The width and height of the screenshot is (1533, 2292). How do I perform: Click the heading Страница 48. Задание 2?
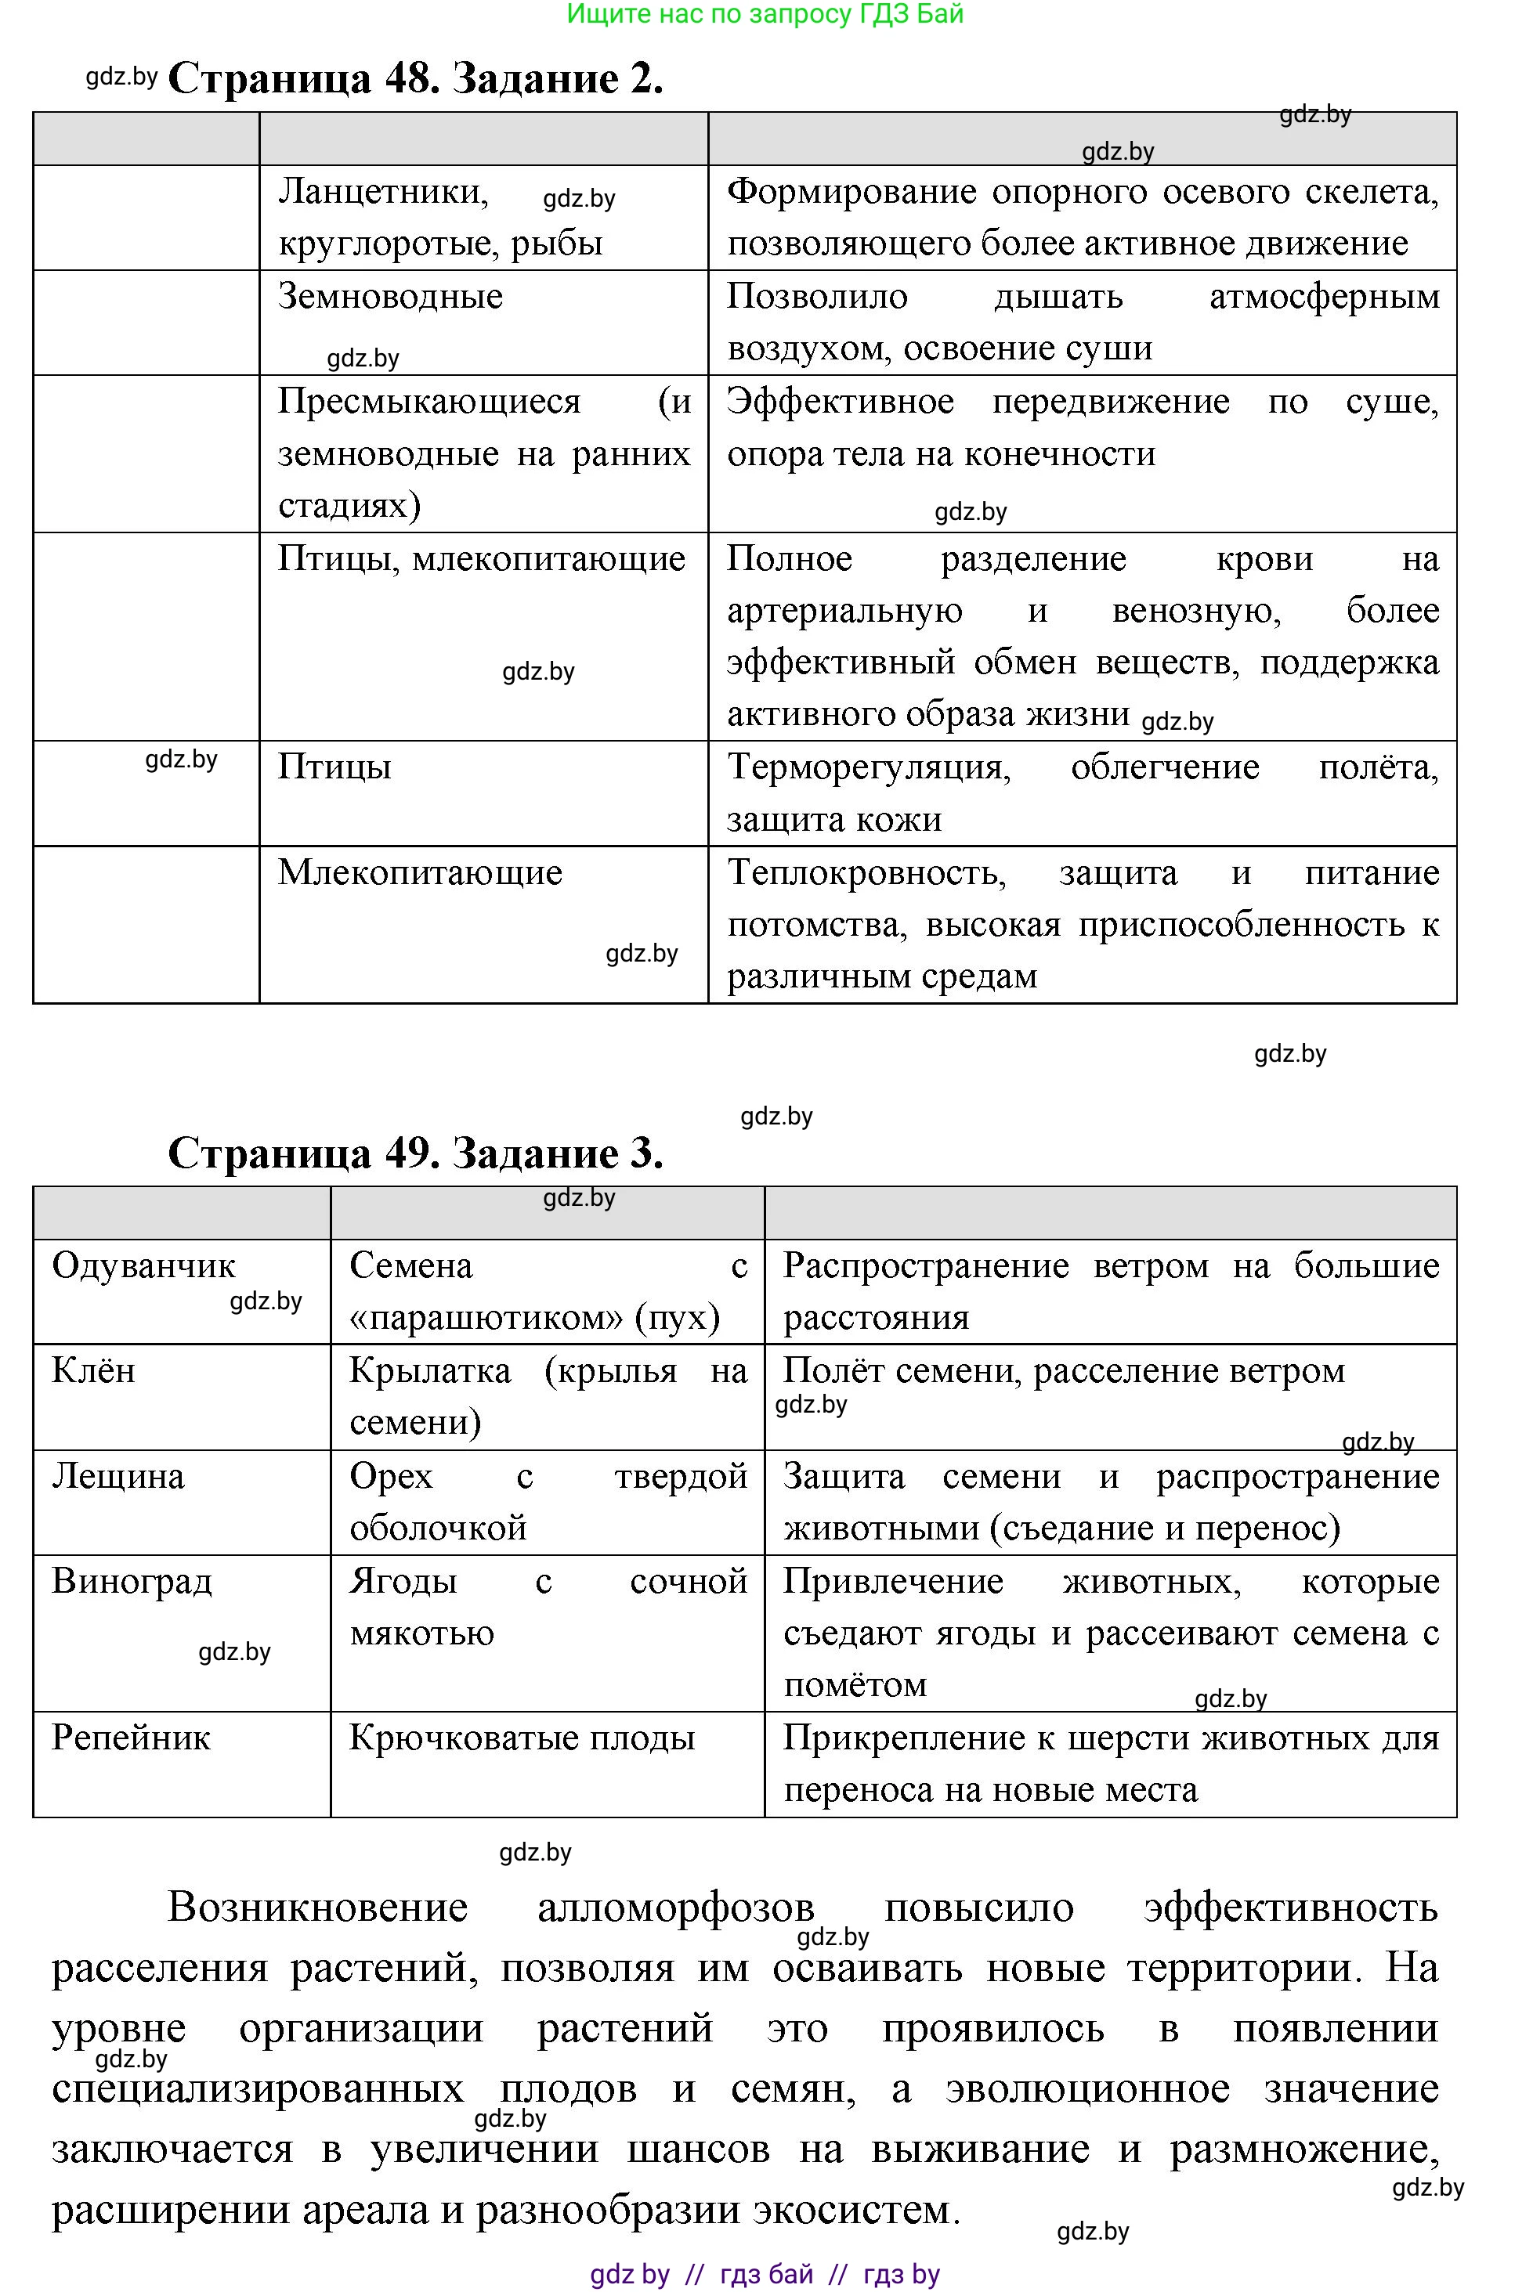pyautogui.click(x=415, y=78)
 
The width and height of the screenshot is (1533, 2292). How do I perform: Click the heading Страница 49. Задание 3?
pyautogui.click(x=415, y=1153)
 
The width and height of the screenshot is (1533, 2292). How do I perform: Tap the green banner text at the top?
pyautogui.click(x=765, y=13)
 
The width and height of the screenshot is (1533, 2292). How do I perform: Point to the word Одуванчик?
pyautogui.click(x=143, y=1265)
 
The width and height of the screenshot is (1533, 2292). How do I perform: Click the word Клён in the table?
pyautogui.click(x=93, y=1370)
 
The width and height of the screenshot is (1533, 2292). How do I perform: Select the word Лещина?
pyautogui.click(x=118, y=1476)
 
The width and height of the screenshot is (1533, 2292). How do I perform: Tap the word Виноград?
pyautogui.click(x=131, y=1580)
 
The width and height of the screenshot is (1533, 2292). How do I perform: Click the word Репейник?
pyautogui.click(x=130, y=1737)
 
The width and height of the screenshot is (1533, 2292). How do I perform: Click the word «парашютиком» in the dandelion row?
pyautogui.click(x=485, y=1318)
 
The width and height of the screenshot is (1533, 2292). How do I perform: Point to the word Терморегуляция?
pyautogui.click(x=868, y=767)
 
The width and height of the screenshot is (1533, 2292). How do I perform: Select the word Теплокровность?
pyautogui.click(x=866, y=872)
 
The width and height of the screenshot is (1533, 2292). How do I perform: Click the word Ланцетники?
pyautogui.click(x=382, y=192)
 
